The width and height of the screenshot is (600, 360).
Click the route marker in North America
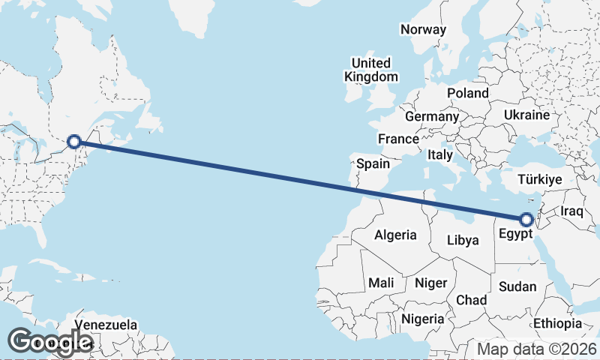click(74, 141)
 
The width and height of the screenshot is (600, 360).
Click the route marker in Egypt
click(526, 219)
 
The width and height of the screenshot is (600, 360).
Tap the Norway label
click(424, 30)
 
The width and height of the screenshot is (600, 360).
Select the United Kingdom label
click(370, 70)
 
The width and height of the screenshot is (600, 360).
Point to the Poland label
click(467, 93)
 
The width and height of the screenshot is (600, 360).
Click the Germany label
click(431, 117)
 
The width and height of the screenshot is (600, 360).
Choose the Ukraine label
click(527, 115)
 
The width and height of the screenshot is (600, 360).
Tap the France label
click(398, 139)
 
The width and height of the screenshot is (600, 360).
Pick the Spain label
click(373, 163)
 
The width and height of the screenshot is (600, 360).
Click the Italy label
click(440, 154)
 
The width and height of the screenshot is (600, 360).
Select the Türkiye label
click(540, 179)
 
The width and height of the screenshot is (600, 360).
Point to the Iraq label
click(571, 211)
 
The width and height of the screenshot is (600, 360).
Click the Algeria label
click(395, 235)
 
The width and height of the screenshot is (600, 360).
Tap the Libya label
click(462, 241)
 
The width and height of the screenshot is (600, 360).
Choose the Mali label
click(382, 283)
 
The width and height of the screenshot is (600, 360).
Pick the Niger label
click(431, 283)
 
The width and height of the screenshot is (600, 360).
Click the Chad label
click(471, 300)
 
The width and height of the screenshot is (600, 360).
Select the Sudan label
click(517, 286)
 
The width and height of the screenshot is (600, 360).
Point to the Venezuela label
click(106, 325)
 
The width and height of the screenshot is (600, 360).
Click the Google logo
click(50, 341)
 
